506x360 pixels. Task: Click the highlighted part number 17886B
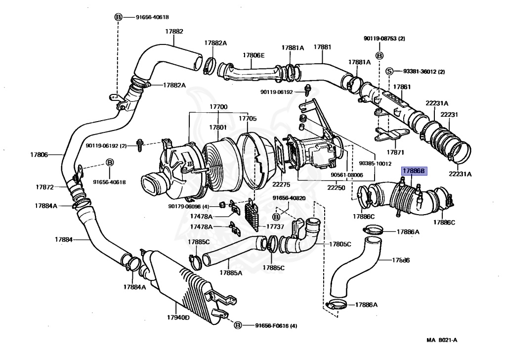click(413, 171)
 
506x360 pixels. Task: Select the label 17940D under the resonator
click(178, 317)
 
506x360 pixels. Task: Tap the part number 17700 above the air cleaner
click(218, 107)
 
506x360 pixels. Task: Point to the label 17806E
click(253, 55)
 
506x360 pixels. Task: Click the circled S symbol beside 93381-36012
click(389, 72)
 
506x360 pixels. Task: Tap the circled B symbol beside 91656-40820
click(277, 217)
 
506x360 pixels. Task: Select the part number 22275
click(280, 184)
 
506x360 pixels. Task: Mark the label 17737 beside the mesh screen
click(275, 226)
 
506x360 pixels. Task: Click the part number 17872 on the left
click(44, 187)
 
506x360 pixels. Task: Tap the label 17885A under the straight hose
click(231, 272)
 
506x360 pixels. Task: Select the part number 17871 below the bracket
click(396, 152)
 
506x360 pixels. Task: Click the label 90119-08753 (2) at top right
click(384, 38)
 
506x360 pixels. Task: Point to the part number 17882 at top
click(174, 31)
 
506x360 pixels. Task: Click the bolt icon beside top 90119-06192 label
click(308, 90)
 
